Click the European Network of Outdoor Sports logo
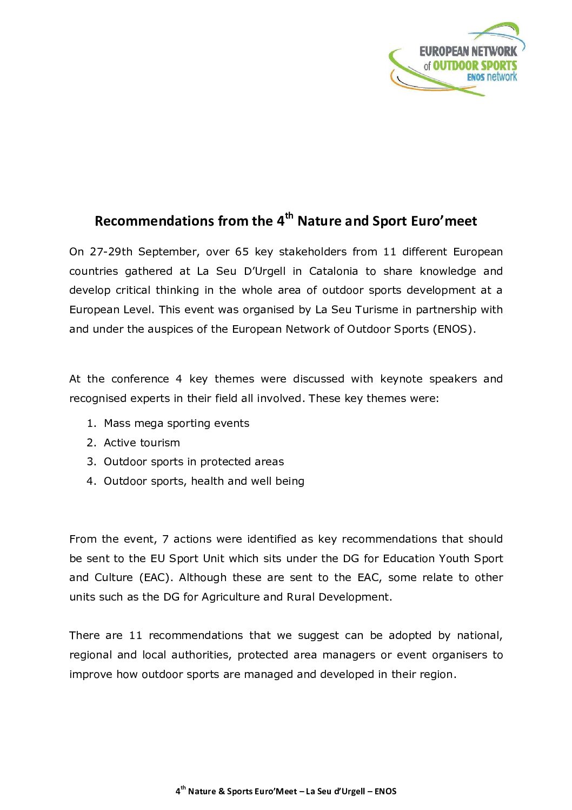coord(457,60)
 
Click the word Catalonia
coord(333,271)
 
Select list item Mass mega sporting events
coord(176,423)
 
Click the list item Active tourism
coord(142,443)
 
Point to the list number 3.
coord(91,462)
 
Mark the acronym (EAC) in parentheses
coord(156,577)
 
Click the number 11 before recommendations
coord(135,635)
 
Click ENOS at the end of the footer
coord(385,791)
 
